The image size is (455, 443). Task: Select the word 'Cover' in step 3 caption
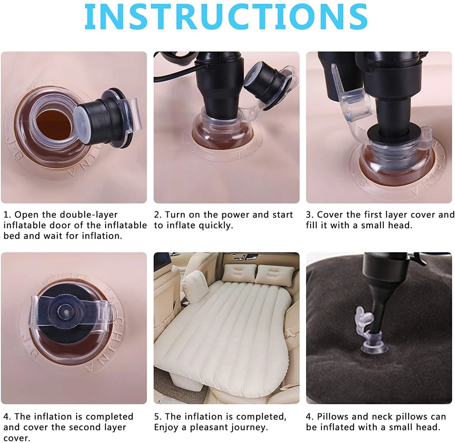pyautogui.click(x=330, y=215)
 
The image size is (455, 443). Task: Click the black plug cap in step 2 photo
pyautogui.click(x=264, y=82)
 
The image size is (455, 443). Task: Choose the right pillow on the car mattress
pyautogui.click(x=274, y=274)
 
